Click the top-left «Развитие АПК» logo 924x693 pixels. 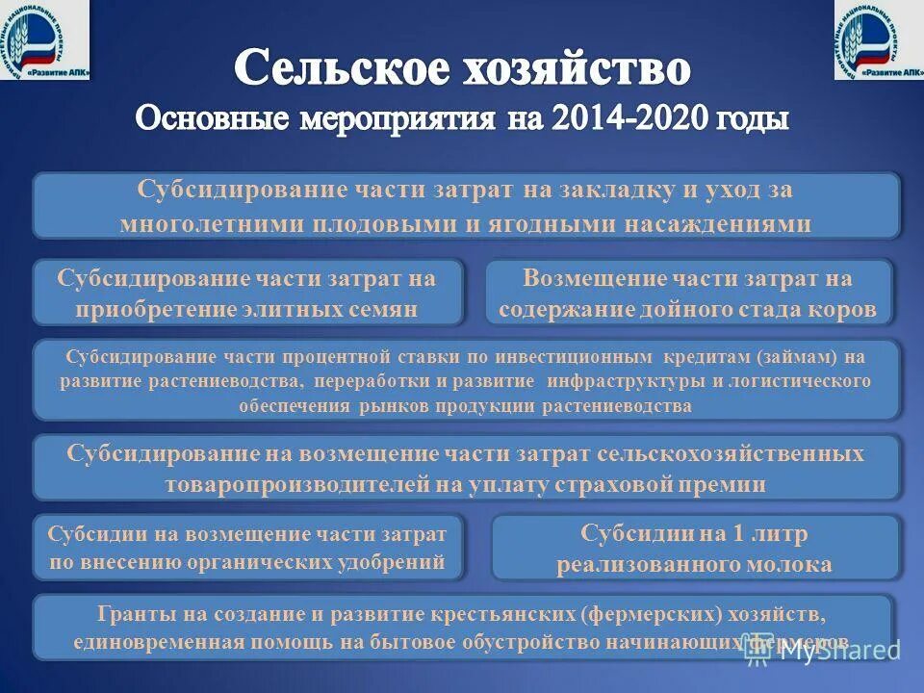[44, 39]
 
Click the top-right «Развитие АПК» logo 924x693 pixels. [879, 39]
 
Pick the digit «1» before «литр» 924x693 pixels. [707, 532]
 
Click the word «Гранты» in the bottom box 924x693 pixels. [133, 613]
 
